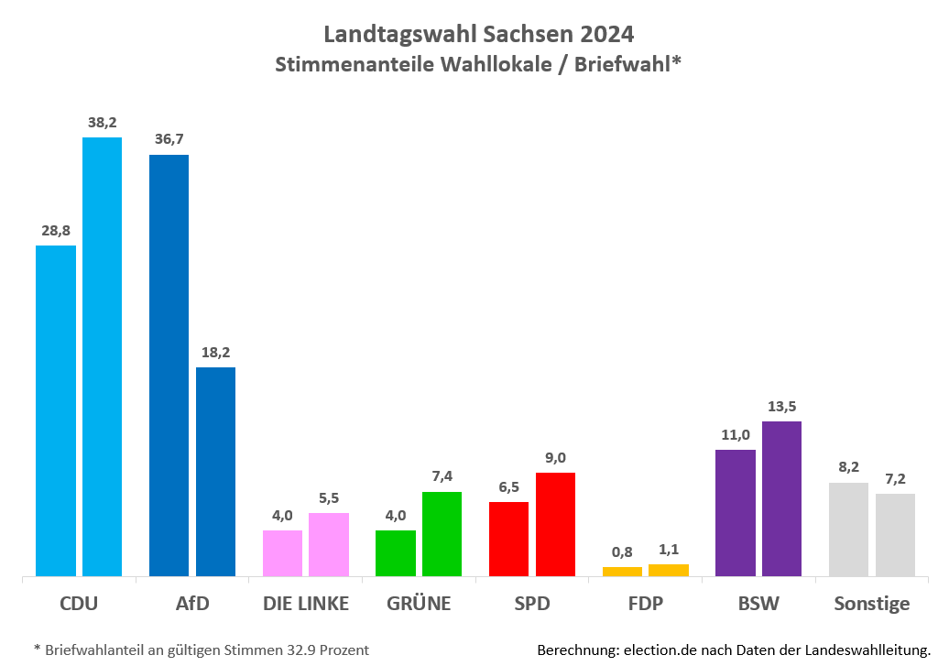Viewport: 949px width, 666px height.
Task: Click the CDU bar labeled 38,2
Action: click(102, 356)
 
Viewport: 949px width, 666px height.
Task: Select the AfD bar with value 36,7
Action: click(169, 366)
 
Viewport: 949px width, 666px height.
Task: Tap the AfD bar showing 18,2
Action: click(215, 472)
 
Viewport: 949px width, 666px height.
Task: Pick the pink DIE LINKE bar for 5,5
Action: click(328, 544)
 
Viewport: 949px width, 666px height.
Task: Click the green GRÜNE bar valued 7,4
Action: click(442, 534)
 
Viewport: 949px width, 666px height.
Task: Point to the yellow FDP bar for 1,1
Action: click(668, 570)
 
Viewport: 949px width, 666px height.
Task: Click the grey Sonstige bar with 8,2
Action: click(848, 530)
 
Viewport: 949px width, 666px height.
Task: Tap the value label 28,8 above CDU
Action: click(56, 231)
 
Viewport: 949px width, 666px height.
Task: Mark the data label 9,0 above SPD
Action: click(555, 458)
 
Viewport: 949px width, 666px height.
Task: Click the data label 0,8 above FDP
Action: click(622, 552)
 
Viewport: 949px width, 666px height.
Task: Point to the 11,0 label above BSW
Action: click(735, 435)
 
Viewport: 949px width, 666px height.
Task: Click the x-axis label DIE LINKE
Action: click(306, 604)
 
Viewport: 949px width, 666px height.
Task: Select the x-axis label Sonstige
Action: click(871, 604)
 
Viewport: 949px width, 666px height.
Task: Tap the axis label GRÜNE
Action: click(420, 604)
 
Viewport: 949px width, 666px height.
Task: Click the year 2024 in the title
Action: click(605, 34)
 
